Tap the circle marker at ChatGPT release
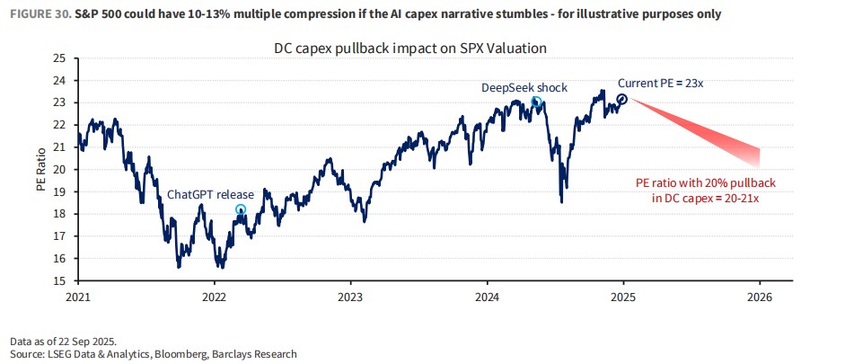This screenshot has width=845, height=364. [241, 209]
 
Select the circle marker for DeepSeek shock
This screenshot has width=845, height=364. [536, 102]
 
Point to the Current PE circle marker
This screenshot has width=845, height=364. [621, 98]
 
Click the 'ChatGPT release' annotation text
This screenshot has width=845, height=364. [210, 194]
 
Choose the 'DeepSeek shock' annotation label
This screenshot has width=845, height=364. [524, 87]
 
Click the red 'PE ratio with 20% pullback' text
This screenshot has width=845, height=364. [705, 182]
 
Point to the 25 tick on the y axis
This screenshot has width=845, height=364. [60, 58]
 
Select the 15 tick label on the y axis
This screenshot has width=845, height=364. [60, 280]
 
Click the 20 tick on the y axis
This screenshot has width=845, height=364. [60, 169]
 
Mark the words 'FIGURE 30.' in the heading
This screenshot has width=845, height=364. [34, 14]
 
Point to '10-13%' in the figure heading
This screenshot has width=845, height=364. [217, 14]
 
